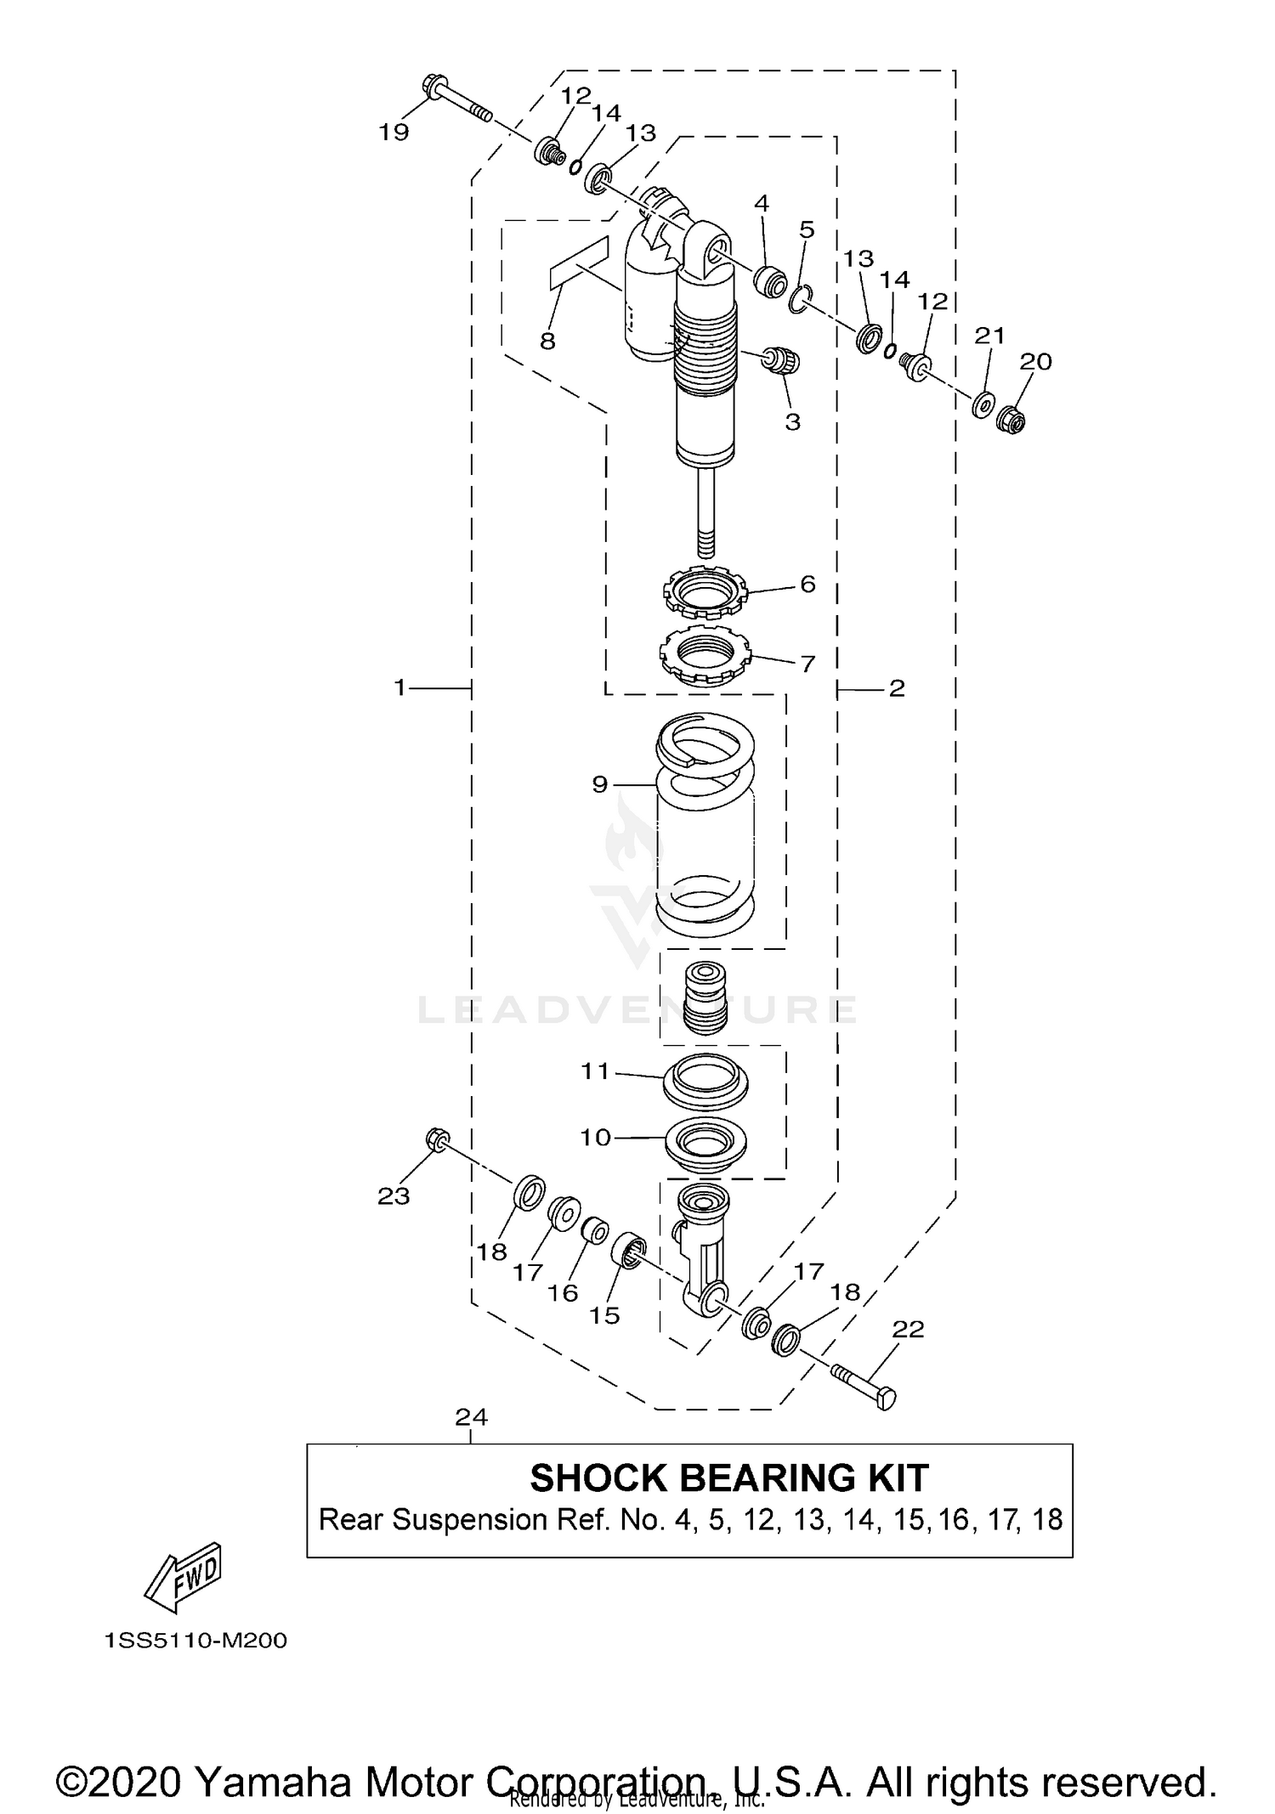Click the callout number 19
pos(394,133)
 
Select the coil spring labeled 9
pos(706,824)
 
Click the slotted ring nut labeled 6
pos(704,591)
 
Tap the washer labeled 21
pos(983,404)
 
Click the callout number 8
pos(547,342)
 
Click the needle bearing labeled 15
pos(630,1250)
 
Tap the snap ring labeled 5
pos(798,298)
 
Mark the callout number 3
pos(792,422)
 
